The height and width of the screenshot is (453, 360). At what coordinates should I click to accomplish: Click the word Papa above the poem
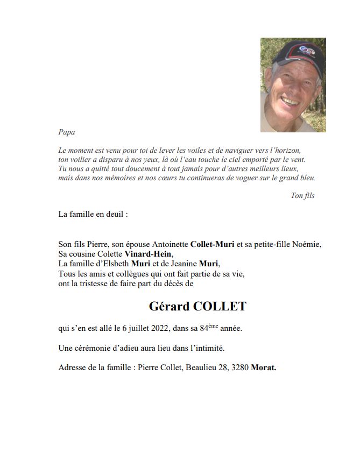[x=66, y=132]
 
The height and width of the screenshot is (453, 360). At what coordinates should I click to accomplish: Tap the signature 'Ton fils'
[x=302, y=195]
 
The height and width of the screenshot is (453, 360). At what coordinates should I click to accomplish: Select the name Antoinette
[x=170, y=244]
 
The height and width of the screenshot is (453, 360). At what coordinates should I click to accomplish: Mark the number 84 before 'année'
[x=225, y=328]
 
